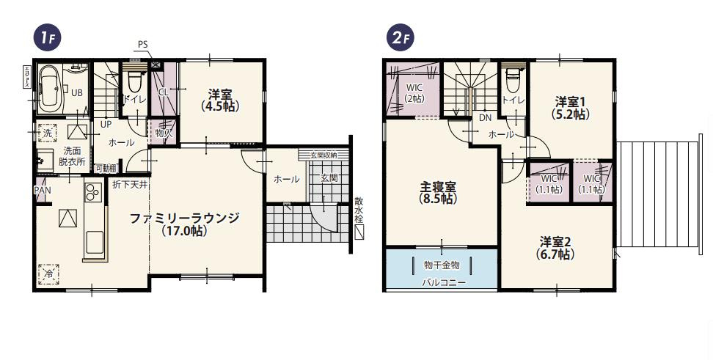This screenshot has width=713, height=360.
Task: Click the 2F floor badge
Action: pos(400,38)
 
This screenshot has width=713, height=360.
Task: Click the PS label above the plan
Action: pos(142,44)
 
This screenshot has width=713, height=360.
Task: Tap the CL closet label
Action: pos(164,92)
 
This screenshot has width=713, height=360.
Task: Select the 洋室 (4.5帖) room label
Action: pos(219,100)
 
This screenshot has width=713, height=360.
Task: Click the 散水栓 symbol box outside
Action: pos(359,233)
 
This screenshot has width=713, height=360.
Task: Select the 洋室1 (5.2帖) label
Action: pos(570,107)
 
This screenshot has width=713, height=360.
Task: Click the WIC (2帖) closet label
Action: pos(414,92)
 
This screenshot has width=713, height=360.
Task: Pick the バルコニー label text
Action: pos(443,282)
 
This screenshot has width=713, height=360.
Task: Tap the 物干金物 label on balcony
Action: pos(442,265)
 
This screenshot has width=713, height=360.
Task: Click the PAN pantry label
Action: pos(42,190)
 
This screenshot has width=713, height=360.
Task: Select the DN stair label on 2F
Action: pos(485,118)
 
